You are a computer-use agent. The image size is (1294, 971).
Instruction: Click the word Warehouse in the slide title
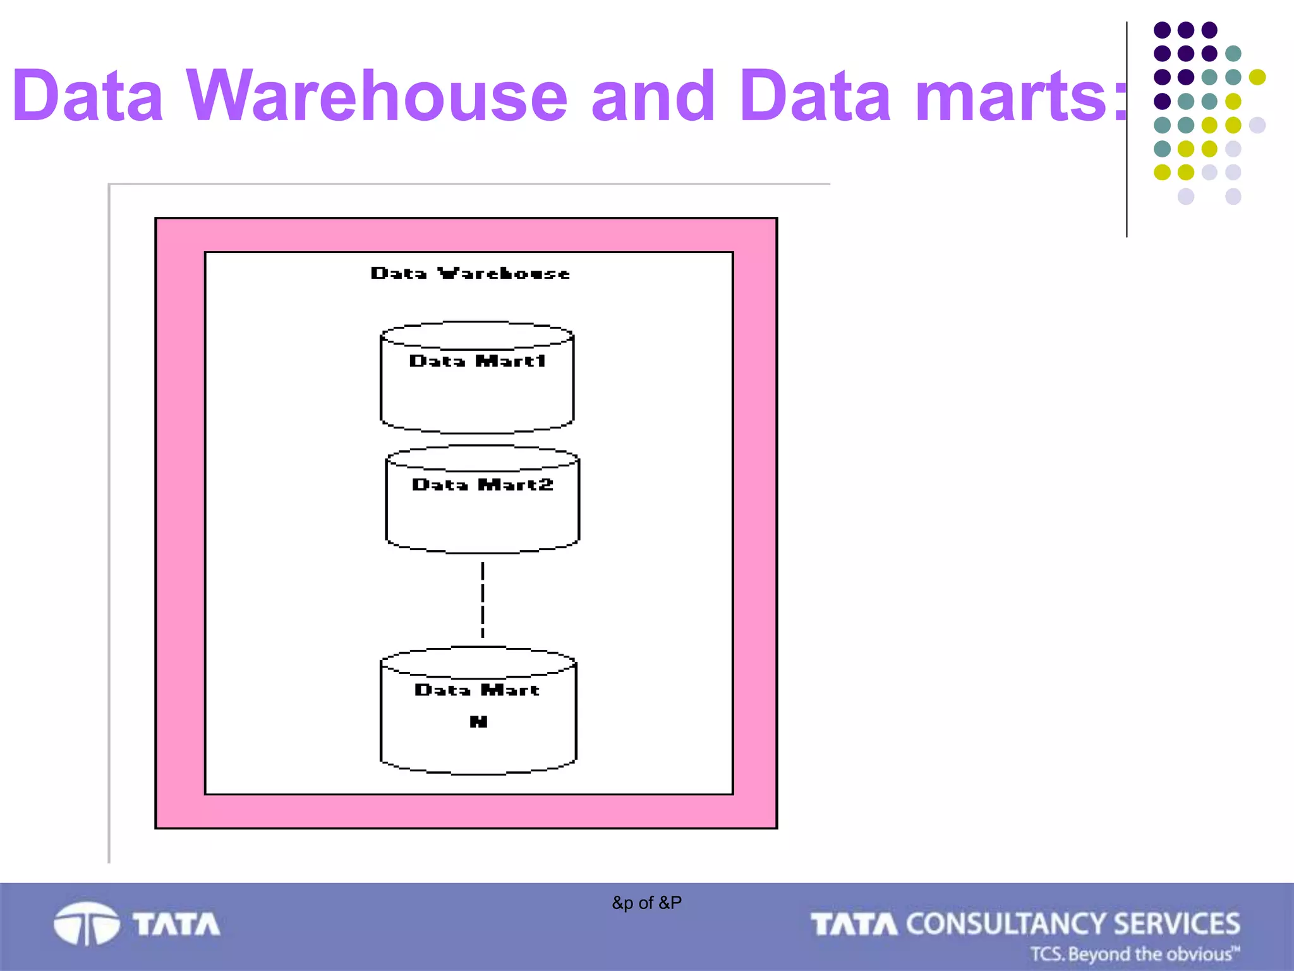click(x=377, y=96)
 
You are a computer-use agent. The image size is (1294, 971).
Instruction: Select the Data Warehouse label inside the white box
click(x=470, y=273)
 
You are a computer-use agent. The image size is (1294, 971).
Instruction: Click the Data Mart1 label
click(x=477, y=361)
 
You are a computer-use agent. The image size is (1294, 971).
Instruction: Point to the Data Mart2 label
click(x=483, y=485)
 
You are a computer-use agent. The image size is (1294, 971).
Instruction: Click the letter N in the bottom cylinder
click(x=478, y=721)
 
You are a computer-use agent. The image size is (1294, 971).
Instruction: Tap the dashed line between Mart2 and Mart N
click(x=483, y=599)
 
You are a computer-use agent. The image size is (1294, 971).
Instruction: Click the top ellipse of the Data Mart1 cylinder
click(x=477, y=335)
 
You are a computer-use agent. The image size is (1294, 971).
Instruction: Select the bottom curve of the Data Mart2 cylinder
click(x=482, y=551)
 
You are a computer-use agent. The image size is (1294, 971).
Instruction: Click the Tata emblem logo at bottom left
click(x=87, y=924)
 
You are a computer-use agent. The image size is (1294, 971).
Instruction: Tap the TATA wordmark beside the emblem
click(x=176, y=924)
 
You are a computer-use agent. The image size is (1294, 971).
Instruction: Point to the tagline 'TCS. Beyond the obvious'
click(x=1134, y=953)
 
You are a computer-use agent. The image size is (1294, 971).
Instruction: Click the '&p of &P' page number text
click(x=646, y=903)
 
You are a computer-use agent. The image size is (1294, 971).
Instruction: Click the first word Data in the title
click(x=88, y=96)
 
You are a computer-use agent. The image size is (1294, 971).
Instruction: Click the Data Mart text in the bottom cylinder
click(x=477, y=690)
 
